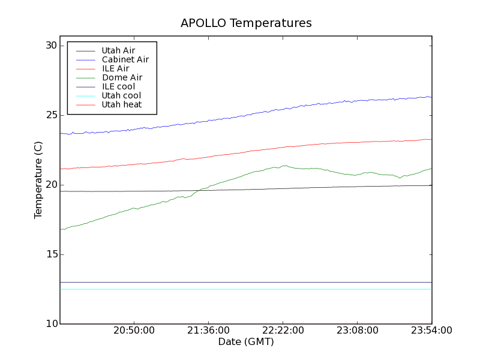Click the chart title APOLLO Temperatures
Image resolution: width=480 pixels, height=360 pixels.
246,23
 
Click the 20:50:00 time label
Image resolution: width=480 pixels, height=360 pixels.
134,331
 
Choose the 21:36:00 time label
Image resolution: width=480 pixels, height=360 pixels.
208,331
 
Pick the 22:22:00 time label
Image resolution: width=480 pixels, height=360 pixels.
283,331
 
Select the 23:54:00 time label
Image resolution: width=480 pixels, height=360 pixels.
431,331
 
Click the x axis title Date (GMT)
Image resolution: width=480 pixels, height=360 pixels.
246,342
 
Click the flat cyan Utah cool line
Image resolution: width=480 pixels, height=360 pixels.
240,289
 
